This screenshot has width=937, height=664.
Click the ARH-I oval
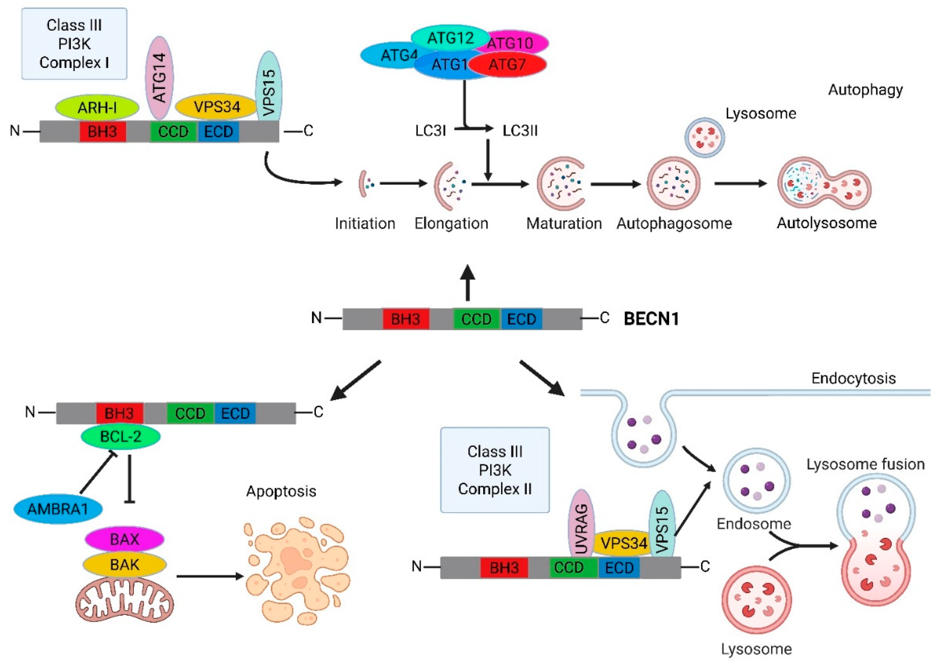[x=97, y=107]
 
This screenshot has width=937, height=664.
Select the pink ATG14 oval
[x=159, y=78]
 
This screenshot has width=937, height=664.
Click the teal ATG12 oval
[x=450, y=38]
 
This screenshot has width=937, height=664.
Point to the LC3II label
[x=520, y=131]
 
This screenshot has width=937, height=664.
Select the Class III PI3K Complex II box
[x=495, y=470]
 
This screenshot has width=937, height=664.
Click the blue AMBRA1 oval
[x=58, y=509]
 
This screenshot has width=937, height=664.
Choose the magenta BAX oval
[x=124, y=539]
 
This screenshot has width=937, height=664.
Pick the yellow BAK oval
[x=124, y=565]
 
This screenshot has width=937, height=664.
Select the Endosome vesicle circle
[x=756, y=481]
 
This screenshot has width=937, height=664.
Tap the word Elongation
[x=451, y=223]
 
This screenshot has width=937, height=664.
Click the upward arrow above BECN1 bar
[x=468, y=282]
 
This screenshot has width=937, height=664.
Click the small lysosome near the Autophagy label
[x=704, y=138]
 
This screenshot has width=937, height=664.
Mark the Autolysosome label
[x=827, y=223]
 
